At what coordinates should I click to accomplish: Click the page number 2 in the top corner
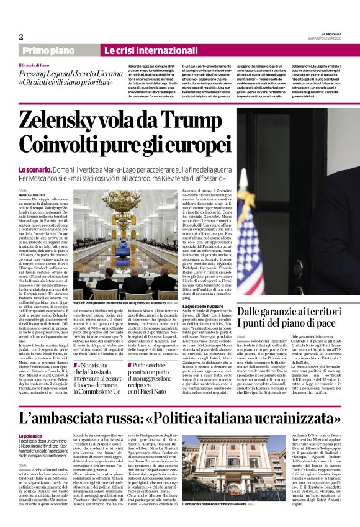pos(21,37)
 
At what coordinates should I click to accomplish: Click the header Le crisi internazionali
pos(141,50)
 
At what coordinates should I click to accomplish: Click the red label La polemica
pos(31,436)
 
